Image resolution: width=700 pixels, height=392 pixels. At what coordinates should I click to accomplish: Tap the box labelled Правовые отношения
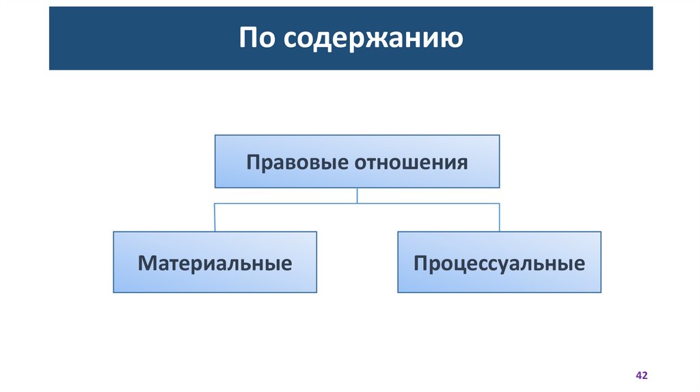(x=357, y=161)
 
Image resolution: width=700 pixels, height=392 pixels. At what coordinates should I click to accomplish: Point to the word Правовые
(x=297, y=163)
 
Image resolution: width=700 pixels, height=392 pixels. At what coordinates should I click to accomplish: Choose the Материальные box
(x=215, y=262)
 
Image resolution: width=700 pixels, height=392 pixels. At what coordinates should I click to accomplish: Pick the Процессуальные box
(x=499, y=262)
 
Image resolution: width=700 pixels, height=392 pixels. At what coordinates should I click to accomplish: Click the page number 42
(x=641, y=376)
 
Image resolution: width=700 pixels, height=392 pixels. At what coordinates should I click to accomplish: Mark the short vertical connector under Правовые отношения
(x=358, y=195)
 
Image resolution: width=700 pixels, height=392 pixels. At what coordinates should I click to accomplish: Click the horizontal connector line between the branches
(x=287, y=204)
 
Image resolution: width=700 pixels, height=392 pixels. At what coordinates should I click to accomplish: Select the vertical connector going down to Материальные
(x=215, y=217)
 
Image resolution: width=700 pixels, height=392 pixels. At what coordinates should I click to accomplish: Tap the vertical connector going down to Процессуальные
(x=499, y=217)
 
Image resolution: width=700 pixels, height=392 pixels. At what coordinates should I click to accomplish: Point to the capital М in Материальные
(x=146, y=263)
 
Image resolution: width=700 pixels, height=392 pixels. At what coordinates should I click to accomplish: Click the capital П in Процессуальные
(x=420, y=263)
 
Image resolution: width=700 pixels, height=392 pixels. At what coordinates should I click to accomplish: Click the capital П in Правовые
(x=253, y=163)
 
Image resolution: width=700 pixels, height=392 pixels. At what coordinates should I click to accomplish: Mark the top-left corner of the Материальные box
(x=113, y=232)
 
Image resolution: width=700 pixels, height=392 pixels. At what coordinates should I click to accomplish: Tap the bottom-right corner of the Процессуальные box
(x=601, y=292)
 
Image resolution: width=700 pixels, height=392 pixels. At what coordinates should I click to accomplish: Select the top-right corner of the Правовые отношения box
(x=499, y=135)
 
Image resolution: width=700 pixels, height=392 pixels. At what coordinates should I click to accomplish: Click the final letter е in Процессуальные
(x=579, y=264)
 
